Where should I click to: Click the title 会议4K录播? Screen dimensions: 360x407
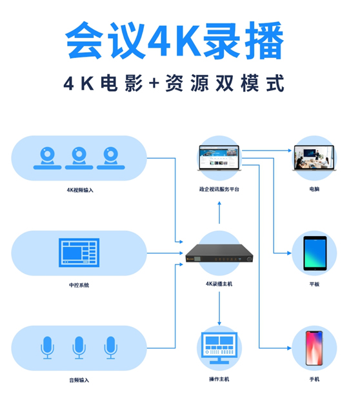[x=175, y=40]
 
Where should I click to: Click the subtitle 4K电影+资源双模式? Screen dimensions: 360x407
[x=174, y=83]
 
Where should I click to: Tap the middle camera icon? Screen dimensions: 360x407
[x=79, y=158]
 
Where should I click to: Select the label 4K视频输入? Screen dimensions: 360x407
[x=80, y=190]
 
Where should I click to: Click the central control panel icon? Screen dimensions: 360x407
[x=79, y=253]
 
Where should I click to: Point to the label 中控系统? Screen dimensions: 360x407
[x=79, y=285]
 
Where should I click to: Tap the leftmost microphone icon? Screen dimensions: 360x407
[x=47, y=348]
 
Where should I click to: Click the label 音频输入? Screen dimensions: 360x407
[x=79, y=381]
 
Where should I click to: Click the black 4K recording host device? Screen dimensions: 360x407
[x=219, y=253]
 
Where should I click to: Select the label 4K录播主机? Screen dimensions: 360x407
[x=219, y=284]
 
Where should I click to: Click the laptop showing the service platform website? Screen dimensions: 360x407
[x=219, y=158]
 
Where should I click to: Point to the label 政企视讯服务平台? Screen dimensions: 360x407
[x=219, y=189]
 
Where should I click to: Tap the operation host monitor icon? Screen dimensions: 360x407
[x=219, y=348]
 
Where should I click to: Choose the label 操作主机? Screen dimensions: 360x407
[x=219, y=379]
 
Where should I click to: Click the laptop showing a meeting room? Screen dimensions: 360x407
[x=314, y=158]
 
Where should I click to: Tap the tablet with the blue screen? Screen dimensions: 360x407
[x=315, y=253]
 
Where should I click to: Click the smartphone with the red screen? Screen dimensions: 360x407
[x=314, y=348]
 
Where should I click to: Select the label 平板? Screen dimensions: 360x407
[x=314, y=284]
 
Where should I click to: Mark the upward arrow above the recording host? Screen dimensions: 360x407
[x=219, y=213]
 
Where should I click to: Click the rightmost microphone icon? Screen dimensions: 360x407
[x=110, y=348]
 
